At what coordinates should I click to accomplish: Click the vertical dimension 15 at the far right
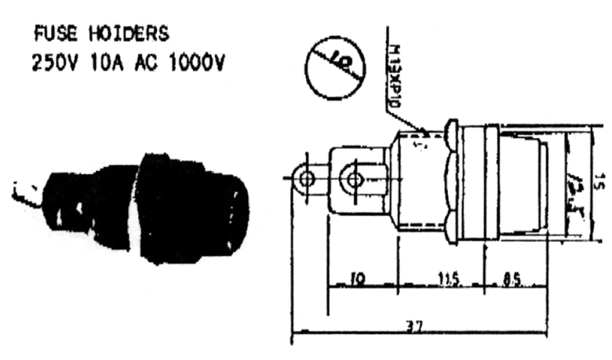[598, 183]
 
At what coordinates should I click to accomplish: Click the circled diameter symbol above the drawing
[335, 67]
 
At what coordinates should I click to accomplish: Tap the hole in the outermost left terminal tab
[307, 180]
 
